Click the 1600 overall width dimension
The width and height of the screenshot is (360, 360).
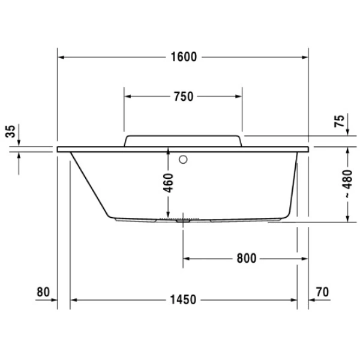(183, 58)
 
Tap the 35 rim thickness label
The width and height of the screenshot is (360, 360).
(10, 131)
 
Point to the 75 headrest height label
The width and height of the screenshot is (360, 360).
(340, 122)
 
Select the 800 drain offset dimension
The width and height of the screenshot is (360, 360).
(247, 259)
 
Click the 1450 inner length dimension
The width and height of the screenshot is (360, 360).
(184, 299)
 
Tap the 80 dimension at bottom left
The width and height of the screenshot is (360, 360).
(42, 292)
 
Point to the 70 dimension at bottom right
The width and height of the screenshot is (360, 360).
(322, 292)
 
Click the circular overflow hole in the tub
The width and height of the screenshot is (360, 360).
(184, 160)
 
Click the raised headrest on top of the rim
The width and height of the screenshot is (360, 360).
(183, 140)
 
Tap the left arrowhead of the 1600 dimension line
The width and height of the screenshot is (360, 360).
(61, 58)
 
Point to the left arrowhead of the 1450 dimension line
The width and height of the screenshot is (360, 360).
(74, 299)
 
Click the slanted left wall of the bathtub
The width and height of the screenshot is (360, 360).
(89, 184)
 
